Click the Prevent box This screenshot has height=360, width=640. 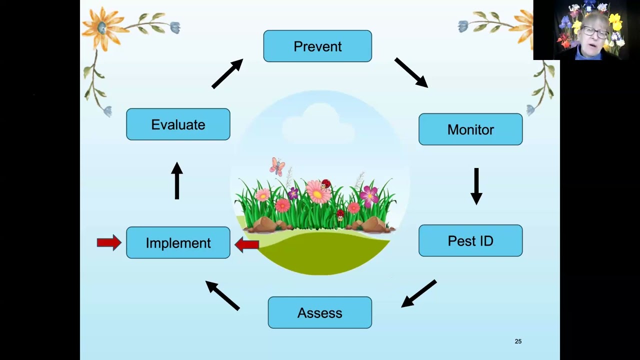tap(317, 46)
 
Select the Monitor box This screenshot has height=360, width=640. tap(470, 129)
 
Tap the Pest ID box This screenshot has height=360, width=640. tap(470, 240)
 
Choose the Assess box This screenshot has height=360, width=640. tap(319, 312)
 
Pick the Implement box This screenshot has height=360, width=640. tap(178, 242)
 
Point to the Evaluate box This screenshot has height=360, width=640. tap(178, 124)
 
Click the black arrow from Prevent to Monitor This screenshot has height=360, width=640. tap(411, 72)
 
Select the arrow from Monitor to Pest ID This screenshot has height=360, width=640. tap(476, 186)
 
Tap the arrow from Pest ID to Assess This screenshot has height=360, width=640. tap(419, 293)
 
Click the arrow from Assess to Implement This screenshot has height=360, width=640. tap(222, 295)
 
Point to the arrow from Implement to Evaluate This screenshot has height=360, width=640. tap(177, 180)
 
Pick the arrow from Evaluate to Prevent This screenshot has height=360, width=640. tap(227, 73)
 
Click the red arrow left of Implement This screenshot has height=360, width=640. tap(109, 242)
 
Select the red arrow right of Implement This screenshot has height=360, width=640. tap(247, 244)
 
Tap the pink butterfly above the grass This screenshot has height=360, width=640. tap(277, 166)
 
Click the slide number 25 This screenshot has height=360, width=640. tap(518, 341)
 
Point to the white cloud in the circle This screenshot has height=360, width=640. tap(318, 123)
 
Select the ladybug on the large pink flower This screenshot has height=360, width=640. tap(325, 184)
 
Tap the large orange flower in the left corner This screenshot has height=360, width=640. tap(102, 28)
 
